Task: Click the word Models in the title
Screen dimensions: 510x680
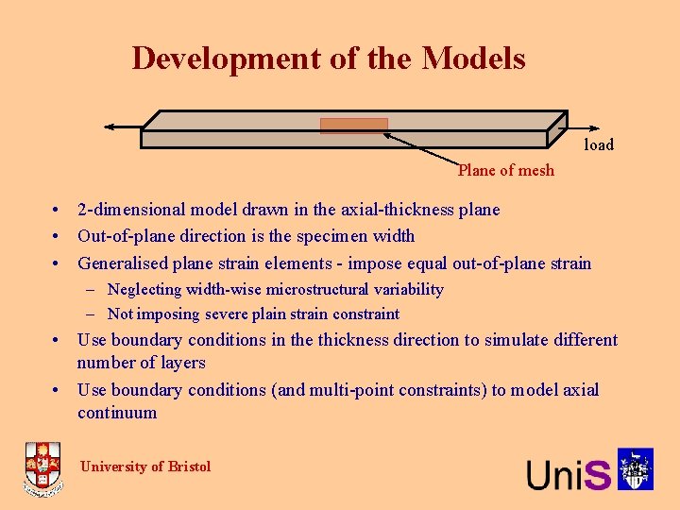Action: click(x=473, y=59)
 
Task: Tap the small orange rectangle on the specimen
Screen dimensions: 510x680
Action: click(x=354, y=126)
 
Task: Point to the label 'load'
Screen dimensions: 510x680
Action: click(x=599, y=144)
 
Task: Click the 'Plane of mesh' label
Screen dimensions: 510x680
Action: click(x=506, y=170)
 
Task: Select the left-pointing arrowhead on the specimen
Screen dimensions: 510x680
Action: click(x=110, y=127)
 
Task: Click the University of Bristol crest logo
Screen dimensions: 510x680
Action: click(x=42, y=469)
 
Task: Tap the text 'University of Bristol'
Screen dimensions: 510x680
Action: click(x=145, y=466)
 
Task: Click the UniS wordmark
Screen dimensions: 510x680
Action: click(x=569, y=472)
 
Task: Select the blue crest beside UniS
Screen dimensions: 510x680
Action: click(x=636, y=469)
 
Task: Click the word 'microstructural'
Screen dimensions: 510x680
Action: click(x=305, y=290)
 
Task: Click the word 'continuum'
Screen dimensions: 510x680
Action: click(x=117, y=413)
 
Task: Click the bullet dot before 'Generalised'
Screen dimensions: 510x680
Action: click(x=59, y=263)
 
